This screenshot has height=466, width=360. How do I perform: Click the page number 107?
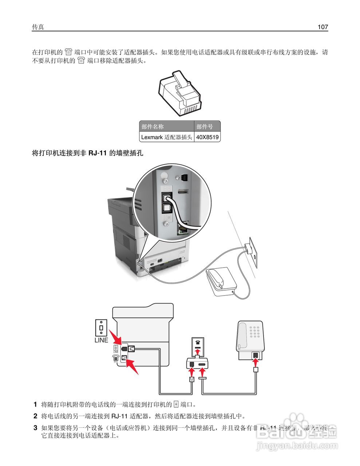coord(323,27)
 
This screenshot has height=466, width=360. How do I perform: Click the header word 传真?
coord(38,27)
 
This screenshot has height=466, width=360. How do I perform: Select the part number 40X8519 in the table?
coord(207,137)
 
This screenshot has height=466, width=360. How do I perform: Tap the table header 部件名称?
coord(153,127)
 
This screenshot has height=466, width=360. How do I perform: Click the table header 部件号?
coord(205,127)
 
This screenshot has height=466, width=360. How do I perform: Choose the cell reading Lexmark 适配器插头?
coord(167,137)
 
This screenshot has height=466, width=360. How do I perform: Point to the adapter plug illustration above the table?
coord(180,93)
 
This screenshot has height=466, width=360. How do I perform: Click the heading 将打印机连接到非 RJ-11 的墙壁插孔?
coord(88,153)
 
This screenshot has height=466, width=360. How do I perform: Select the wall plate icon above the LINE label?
coord(101,328)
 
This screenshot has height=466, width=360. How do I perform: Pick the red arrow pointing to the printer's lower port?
coord(132,366)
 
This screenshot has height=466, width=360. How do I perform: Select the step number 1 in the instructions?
coord(35,404)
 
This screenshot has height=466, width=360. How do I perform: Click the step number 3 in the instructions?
coord(35,428)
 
